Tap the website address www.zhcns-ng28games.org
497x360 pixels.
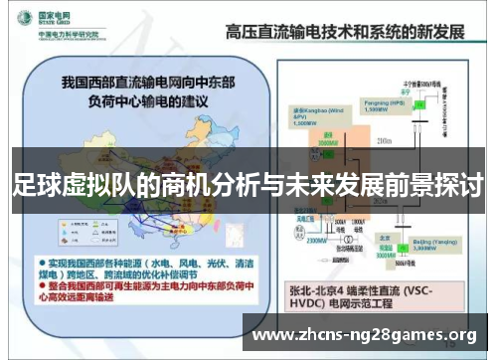point(365,334)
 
